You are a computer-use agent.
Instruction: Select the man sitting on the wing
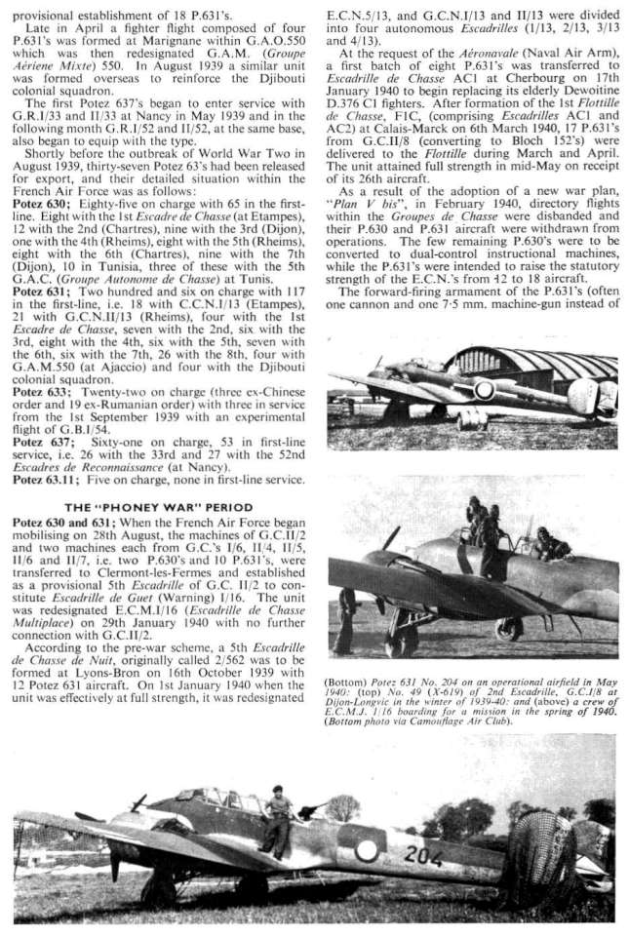tap(277, 818)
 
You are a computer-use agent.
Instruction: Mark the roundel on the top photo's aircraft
tap(484, 390)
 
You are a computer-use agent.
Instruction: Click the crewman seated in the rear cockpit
tap(550, 545)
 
